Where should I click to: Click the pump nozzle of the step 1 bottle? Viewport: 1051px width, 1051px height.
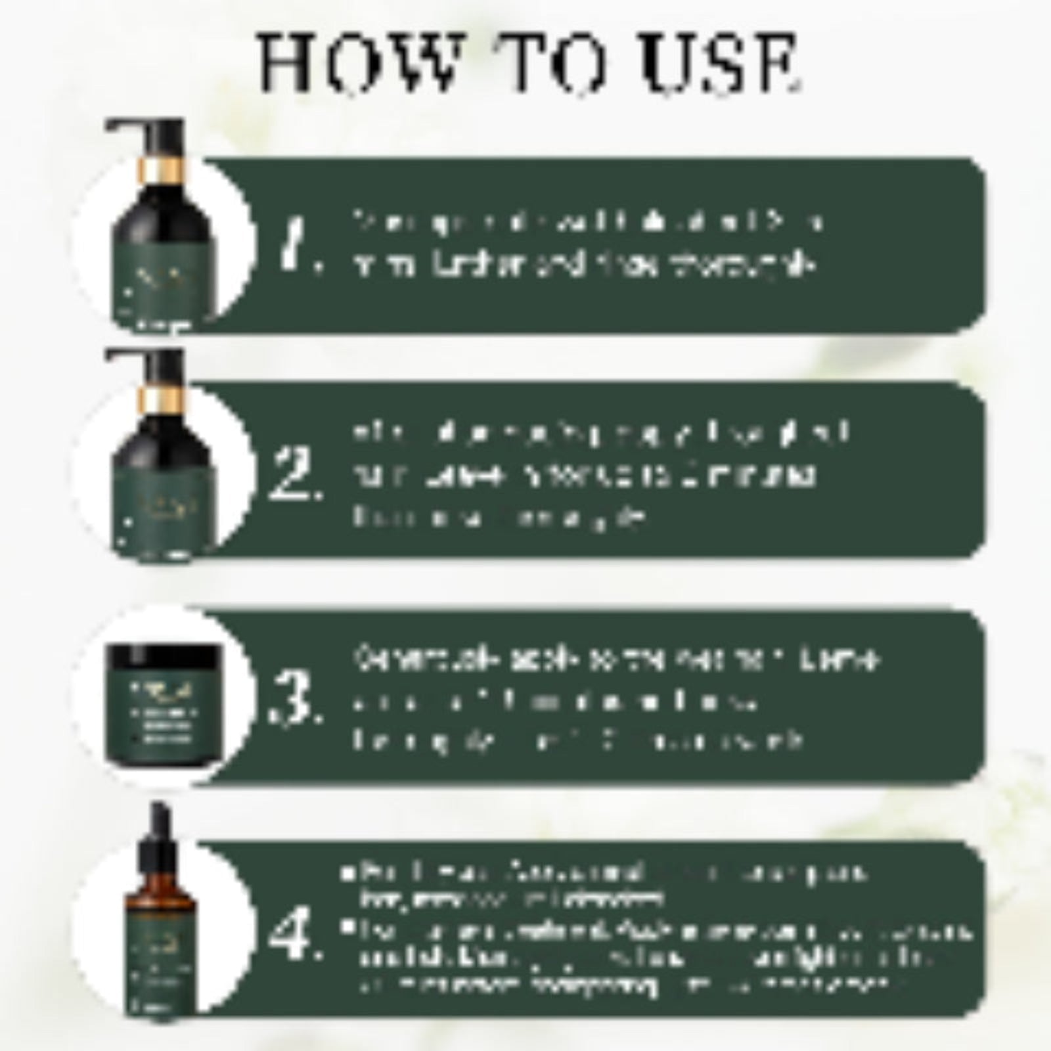coord(125,125)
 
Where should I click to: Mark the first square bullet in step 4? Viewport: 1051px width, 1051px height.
coord(346,874)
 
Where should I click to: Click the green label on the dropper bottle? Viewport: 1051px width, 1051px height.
coord(161,966)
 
